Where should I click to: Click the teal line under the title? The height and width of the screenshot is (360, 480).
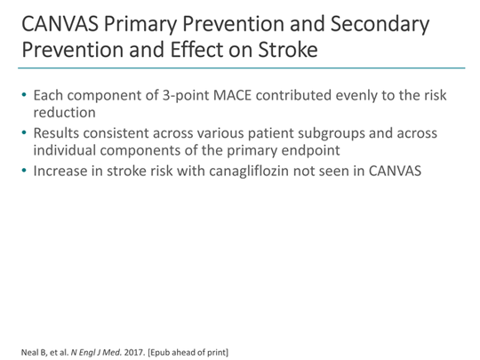(240, 68)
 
